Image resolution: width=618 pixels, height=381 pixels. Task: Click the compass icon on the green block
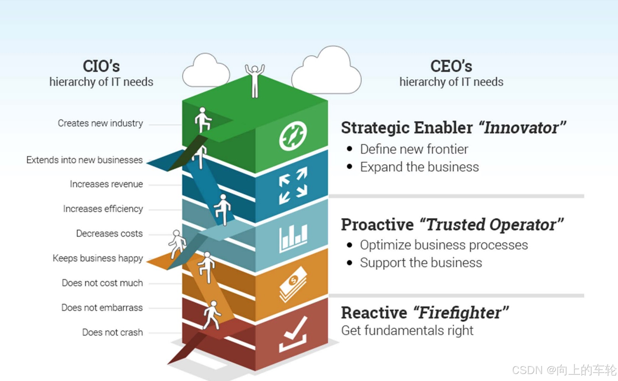coord(293,136)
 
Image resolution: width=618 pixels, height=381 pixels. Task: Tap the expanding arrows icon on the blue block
coord(293,185)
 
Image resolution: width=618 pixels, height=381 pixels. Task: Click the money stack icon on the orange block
coord(293,284)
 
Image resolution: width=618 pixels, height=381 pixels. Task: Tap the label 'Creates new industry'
coord(100,123)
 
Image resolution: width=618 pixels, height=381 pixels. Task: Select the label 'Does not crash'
coord(112,332)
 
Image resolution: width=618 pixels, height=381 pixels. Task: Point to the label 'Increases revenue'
coord(106,184)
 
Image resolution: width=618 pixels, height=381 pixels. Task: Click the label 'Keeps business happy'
coord(98,258)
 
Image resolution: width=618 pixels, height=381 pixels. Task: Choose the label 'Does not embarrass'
coord(102,307)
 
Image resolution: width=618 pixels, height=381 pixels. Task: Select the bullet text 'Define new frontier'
coord(414,149)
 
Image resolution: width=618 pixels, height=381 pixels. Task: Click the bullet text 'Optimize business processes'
coord(444,245)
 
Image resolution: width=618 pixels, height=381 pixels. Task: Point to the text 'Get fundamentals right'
coord(407,331)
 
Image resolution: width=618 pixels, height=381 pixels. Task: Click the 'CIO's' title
coord(101,67)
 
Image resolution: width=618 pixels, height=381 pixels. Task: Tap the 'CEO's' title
coord(451,67)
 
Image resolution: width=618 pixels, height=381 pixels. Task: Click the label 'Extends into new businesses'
coord(84,160)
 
